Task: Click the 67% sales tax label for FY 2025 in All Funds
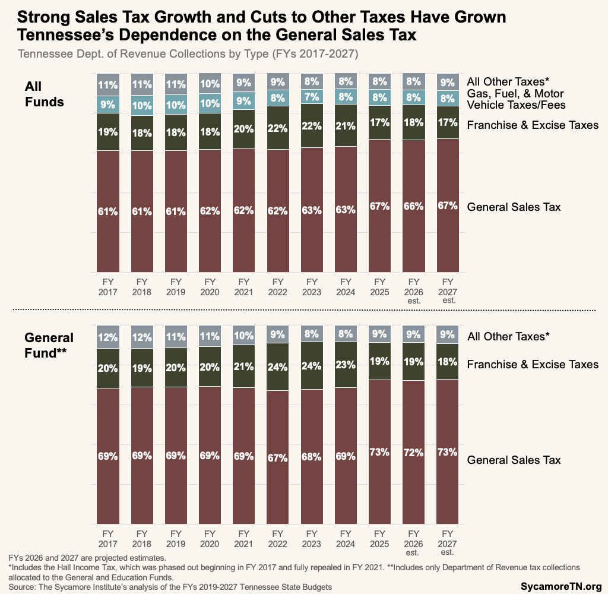point(379,206)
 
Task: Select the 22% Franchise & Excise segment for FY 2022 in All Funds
point(278,128)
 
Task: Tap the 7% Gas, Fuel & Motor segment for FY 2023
point(312,96)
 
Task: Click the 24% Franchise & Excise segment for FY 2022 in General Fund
point(278,366)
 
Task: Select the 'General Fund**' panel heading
point(49,345)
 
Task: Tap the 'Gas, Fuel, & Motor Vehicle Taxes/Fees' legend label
point(515,99)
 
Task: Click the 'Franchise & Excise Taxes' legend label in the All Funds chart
point(533,125)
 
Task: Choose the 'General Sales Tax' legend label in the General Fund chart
point(514,460)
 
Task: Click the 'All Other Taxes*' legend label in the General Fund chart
point(508,336)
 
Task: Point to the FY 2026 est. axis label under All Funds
point(413,291)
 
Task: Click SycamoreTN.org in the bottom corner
point(561,586)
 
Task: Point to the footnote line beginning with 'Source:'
point(170,587)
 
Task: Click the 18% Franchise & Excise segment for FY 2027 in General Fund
point(447,361)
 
